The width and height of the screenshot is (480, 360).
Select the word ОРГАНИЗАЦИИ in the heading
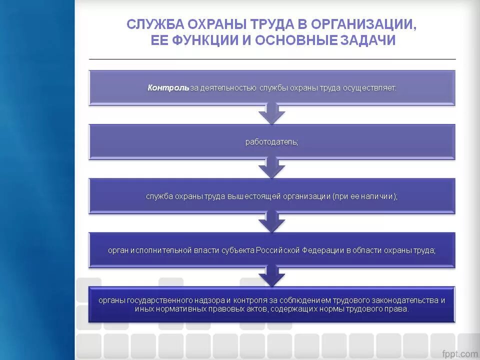coord(362,24)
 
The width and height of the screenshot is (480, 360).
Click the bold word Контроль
coord(168,87)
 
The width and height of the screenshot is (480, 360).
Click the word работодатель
coord(271,142)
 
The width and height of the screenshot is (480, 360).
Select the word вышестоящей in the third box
coord(254,196)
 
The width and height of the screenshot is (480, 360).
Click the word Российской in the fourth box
coord(277,250)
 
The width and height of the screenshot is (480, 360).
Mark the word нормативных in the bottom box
coord(174,309)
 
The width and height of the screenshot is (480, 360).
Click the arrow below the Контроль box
coord(271,114)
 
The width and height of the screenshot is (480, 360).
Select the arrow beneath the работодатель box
coord(271,168)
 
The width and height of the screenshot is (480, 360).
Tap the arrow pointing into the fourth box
coord(271,222)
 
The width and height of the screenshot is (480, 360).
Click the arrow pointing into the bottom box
coord(271,276)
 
